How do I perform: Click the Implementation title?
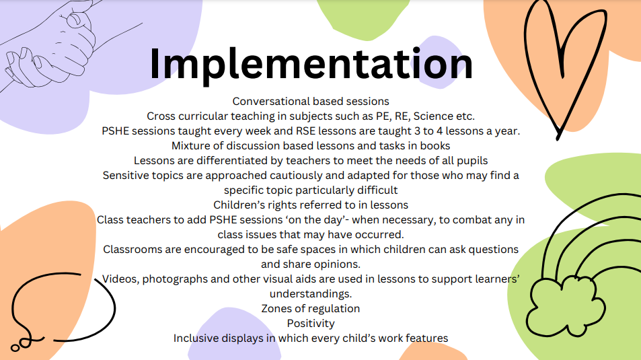311,65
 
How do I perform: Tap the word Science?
433,116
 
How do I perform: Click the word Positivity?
311,324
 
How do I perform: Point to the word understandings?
311,294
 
